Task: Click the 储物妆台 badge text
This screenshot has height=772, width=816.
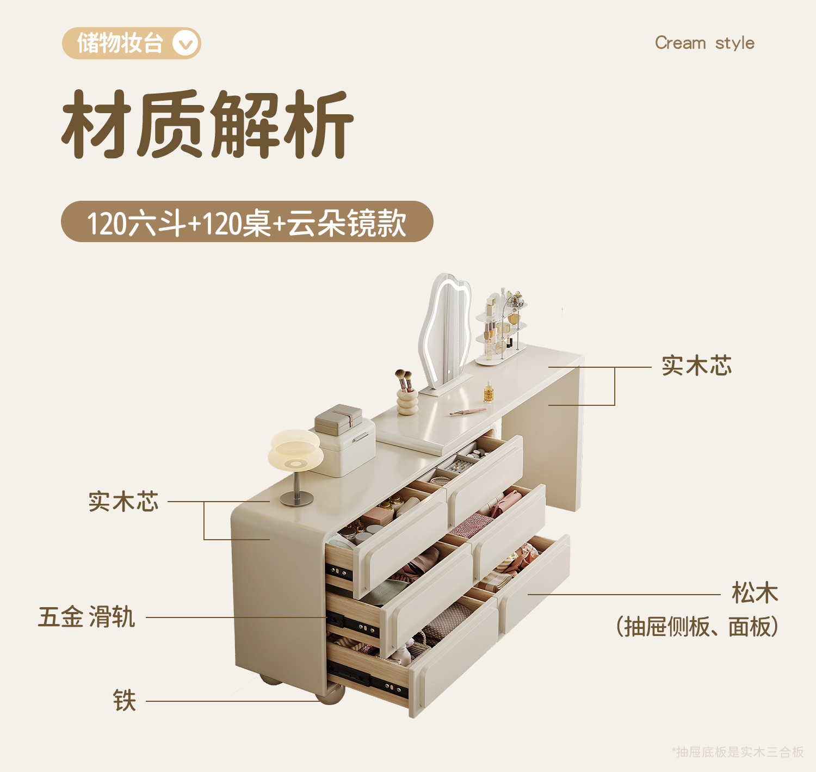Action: click(x=120, y=44)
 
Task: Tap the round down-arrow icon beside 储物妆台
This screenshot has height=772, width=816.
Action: click(x=186, y=44)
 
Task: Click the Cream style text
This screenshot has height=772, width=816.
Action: click(x=704, y=43)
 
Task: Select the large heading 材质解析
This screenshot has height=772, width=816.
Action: click(x=208, y=125)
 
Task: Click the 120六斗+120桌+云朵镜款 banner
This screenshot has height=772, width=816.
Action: click(x=247, y=222)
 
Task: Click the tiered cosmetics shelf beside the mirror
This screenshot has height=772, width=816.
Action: click(x=501, y=326)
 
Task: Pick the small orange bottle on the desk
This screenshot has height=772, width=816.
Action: click(x=489, y=392)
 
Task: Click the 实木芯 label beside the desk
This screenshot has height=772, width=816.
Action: click(x=696, y=366)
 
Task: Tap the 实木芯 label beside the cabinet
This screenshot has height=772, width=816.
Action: click(x=123, y=502)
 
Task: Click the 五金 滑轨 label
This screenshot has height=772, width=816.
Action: click(x=86, y=617)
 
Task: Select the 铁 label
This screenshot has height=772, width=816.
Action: click(x=124, y=701)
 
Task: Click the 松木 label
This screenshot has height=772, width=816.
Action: click(x=755, y=593)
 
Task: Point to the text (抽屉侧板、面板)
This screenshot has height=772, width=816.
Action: click(x=697, y=627)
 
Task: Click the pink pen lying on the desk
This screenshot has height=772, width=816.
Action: click(x=467, y=412)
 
